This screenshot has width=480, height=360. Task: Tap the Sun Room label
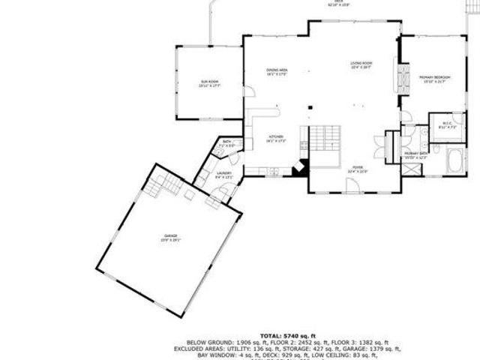click(209, 83)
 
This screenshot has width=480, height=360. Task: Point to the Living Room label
click(361, 64)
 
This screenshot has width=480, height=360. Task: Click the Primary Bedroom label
click(435, 79)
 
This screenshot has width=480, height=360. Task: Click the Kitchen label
click(277, 138)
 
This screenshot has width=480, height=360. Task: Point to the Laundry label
click(224, 175)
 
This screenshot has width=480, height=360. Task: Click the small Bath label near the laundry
click(226, 142)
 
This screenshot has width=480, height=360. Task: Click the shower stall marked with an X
click(412, 167)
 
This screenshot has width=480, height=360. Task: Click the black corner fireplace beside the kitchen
click(300, 167)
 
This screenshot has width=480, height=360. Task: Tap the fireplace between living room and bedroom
click(403, 79)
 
